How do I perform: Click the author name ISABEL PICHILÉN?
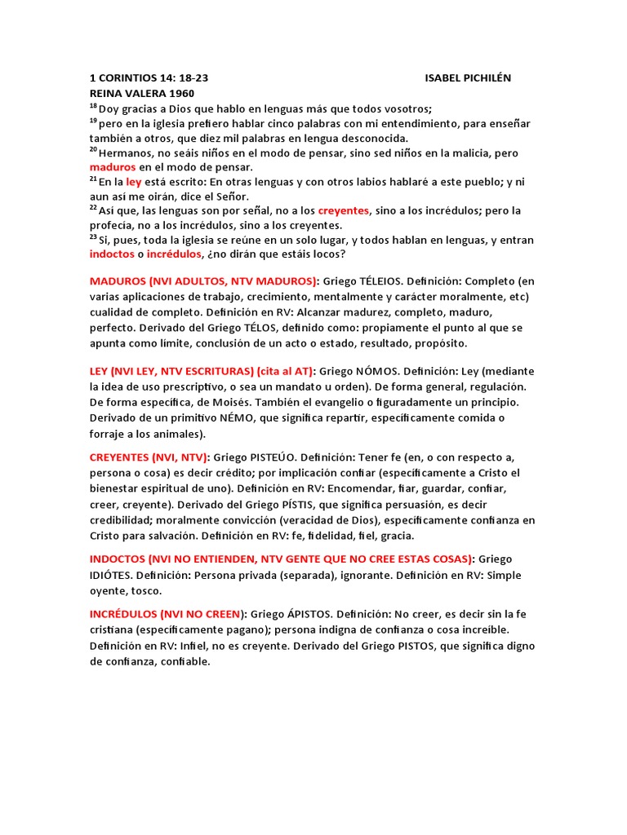(469, 77)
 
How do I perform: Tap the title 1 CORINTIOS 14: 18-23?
(149, 77)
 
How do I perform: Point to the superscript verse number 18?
(93, 106)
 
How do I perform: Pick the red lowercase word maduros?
(113, 167)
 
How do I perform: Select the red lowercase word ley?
(134, 182)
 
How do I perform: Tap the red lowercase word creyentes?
(344, 210)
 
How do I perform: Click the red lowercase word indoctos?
(113, 254)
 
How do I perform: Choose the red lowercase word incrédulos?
(174, 254)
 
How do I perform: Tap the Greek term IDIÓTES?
(117, 575)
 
